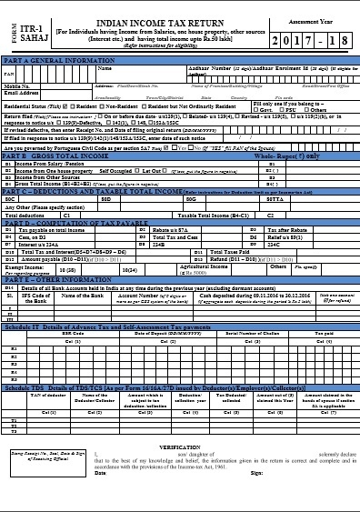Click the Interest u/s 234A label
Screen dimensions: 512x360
coord(40,244)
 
